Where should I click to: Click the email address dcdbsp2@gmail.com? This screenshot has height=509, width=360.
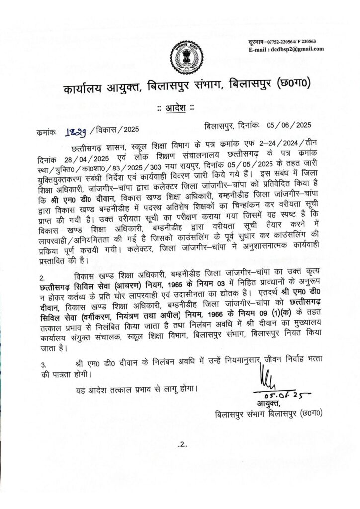(296, 49)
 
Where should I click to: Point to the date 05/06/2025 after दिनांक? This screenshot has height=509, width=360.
(289, 126)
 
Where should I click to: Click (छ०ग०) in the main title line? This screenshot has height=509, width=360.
(289, 89)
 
